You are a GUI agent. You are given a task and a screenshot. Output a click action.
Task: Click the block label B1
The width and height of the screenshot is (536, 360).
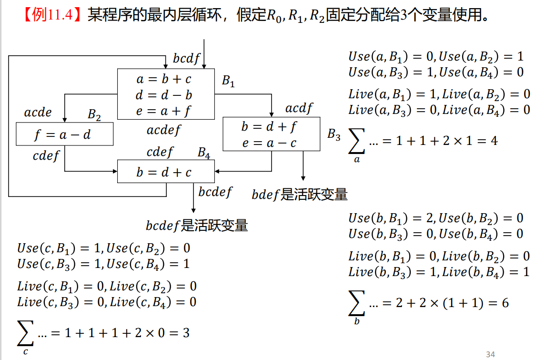[x=229, y=82]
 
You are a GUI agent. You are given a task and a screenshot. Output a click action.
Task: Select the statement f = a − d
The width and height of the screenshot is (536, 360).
[x=62, y=135]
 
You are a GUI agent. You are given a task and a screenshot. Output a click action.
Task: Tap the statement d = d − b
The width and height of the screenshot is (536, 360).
[x=164, y=95]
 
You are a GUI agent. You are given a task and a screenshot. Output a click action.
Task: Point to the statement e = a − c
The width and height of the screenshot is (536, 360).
[x=270, y=143]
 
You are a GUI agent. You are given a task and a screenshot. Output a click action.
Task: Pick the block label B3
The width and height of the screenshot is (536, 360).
[x=334, y=135]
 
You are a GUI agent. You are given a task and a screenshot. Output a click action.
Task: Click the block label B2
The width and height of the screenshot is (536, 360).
[x=94, y=114]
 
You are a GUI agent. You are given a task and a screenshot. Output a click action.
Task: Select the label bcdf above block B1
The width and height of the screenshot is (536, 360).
[x=186, y=59]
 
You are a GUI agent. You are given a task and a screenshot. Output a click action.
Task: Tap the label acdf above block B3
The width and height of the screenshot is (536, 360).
[x=299, y=109]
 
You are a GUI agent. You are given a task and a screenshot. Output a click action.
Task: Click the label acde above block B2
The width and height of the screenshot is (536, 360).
[x=38, y=113]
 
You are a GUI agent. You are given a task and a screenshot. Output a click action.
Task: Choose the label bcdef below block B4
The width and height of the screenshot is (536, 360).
[x=215, y=192]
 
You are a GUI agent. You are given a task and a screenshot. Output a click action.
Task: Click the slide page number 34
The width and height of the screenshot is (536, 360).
[x=490, y=354]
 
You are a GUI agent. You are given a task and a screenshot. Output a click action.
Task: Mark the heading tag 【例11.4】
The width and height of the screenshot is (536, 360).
[x=48, y=16]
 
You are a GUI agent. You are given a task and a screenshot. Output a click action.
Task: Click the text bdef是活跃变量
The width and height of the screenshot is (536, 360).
[x=299, y=195]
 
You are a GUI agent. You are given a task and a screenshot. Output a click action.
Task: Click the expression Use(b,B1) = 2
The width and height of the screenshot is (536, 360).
[x=391, y=218]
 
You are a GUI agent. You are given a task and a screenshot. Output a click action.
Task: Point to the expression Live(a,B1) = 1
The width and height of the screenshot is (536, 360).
[x=392, y=94]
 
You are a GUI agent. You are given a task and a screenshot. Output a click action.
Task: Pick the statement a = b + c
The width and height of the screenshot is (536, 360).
[x=164, y=79]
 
